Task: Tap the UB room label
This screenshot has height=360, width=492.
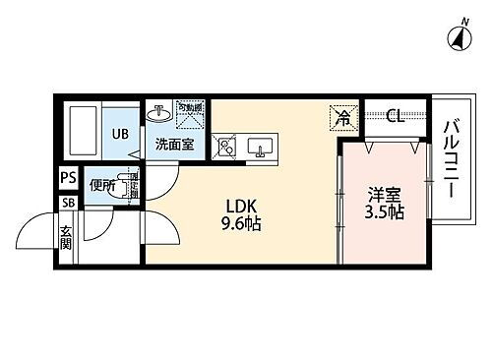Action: click(118, 135)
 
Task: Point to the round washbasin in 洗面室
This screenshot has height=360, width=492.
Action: click(158, 113)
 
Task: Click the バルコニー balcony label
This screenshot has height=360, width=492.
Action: click(454, 157)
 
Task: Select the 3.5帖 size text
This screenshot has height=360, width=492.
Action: click(385, 213)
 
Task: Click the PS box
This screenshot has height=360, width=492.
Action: click(67, 179)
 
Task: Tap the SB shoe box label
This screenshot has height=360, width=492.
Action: click(67, 203)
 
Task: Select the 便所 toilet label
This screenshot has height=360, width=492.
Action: click(101, 183)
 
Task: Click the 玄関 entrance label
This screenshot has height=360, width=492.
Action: click(66, 240)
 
